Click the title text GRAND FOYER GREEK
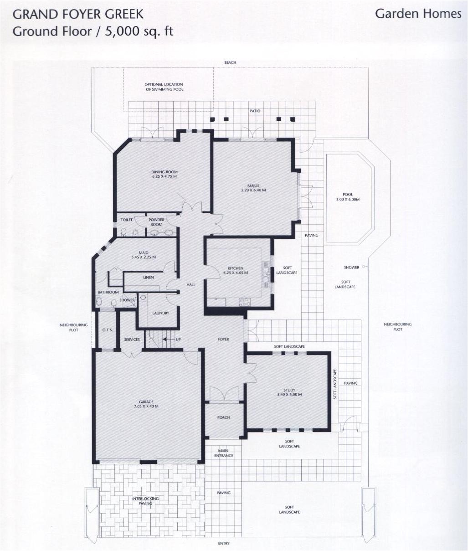pos(78,14)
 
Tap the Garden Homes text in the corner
pos(418,14)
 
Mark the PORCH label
pos(224,417)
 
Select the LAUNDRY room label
pos(161,313)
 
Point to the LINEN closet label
pos(148,277)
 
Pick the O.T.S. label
pos(108,330)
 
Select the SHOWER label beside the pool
pos(351,267)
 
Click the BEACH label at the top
pos(230,62)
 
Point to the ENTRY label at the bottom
pos(224,543)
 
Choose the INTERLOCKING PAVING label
pos(145,501)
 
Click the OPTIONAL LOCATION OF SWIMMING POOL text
pos(164,87)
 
